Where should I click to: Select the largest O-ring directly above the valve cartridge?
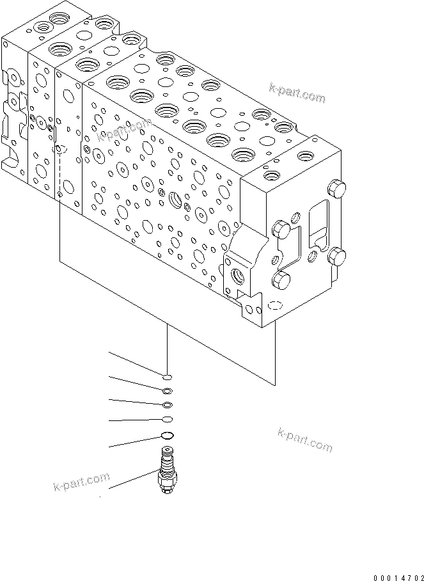[166, 436]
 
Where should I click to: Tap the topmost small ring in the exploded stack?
[166, 377]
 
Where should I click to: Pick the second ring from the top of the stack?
[166, 391]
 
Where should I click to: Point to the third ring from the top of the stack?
[167, 404]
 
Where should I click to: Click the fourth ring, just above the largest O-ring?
[166, 419]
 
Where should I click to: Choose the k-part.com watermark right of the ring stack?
[305, 440]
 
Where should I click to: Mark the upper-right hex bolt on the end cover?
[335, 189]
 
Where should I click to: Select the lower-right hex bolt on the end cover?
[336, 257]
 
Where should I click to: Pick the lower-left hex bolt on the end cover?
[281, 279]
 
